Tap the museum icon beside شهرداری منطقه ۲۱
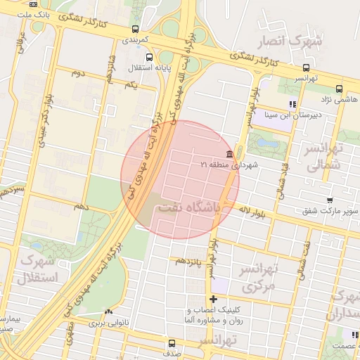click(230, 154)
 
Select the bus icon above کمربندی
click(134, 29)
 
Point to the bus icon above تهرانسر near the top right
click(304, 67)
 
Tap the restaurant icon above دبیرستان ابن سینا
click(292, 104)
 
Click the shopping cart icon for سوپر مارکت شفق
click(330, 200)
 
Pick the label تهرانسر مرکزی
click(261, 278)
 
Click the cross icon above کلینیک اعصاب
click(214, 300)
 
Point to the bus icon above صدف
click(172, 343)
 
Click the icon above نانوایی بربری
click(108, 312)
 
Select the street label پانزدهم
click(190, 261)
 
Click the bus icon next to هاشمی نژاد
click(340, 89)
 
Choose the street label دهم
click(82, 206)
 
